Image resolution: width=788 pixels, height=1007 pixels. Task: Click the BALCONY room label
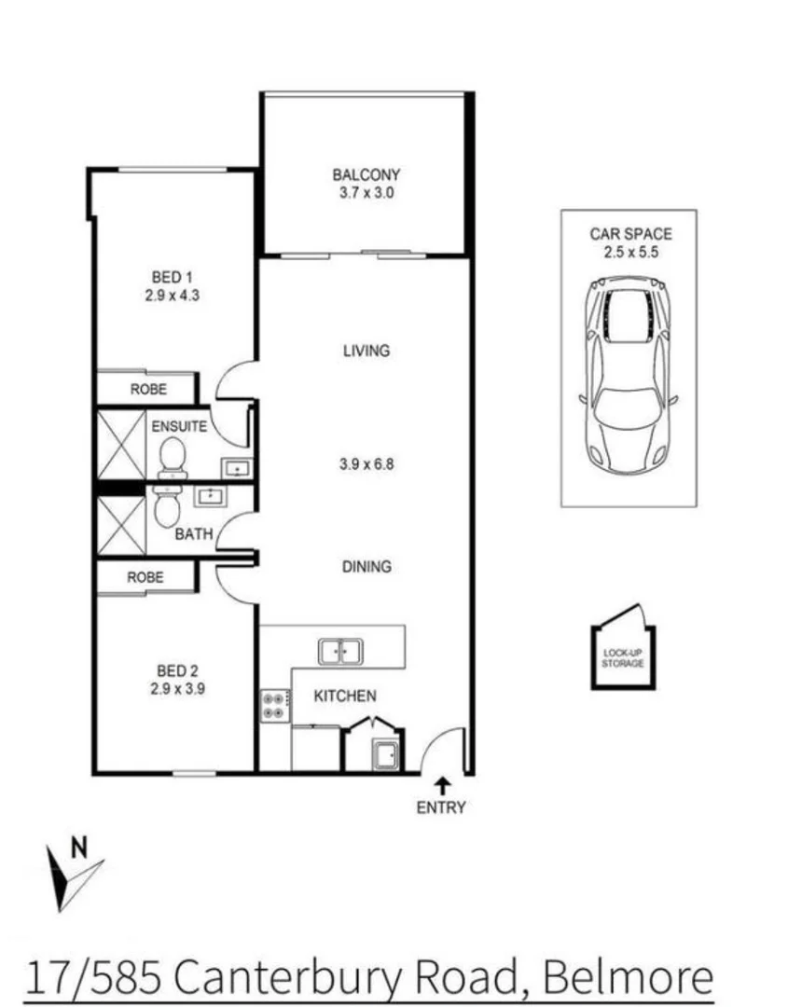click(x=366, y=174)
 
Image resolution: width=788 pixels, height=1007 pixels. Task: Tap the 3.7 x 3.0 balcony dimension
click(x=366, y=193)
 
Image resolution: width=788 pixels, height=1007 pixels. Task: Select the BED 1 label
click(x=173, y=277)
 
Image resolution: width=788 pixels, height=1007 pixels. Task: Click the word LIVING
click(x=366, y=352)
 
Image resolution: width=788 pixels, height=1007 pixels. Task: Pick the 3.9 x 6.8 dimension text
click(x=366, y=462)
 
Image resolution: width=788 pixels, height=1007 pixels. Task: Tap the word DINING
click(x=366, y=566)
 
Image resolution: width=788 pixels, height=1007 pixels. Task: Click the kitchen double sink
click(x=340, y=651)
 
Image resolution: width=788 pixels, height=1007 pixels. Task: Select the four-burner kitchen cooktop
click(x=273, y=705)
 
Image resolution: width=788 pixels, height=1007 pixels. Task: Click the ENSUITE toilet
click(x=173, y=458)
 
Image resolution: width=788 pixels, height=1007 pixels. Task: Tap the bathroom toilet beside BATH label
click(x=167, y=508)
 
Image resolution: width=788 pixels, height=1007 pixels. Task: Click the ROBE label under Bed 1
click(x=148, y=389)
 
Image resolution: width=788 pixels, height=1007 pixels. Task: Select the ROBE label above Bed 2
click(x=145, y=577)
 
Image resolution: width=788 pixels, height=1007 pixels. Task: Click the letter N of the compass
click(x=80, y=848)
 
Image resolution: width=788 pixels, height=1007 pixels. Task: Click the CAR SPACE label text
click(x=629, y=235)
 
